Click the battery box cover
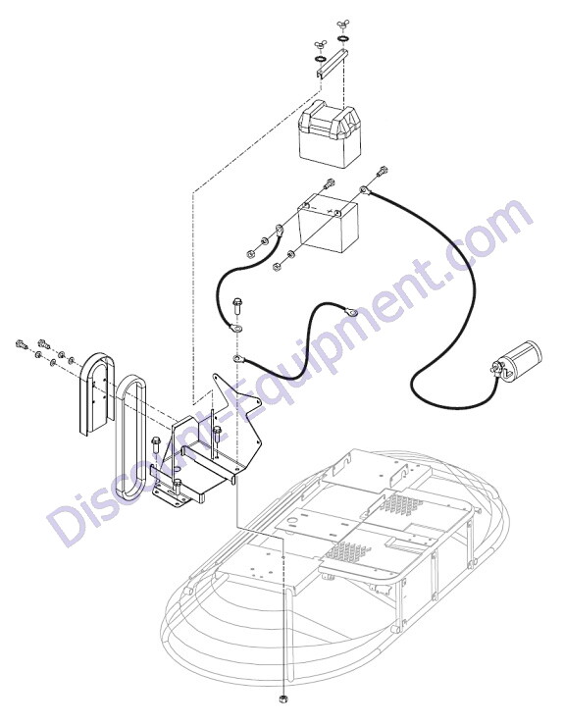(330, 135)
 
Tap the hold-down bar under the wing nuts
(332, 64)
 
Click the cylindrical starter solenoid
(516, 362)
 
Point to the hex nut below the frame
(283, 711)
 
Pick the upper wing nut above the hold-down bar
(343, 25)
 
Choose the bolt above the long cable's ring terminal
(382, 172)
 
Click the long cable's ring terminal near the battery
(365, 189)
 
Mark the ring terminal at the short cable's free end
(349, 310)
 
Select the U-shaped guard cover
(96, 393)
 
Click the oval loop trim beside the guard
(130, 437)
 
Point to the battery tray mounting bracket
(208, 443)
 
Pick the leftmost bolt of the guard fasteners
(22, 344)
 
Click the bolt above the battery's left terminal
(328, 183)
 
